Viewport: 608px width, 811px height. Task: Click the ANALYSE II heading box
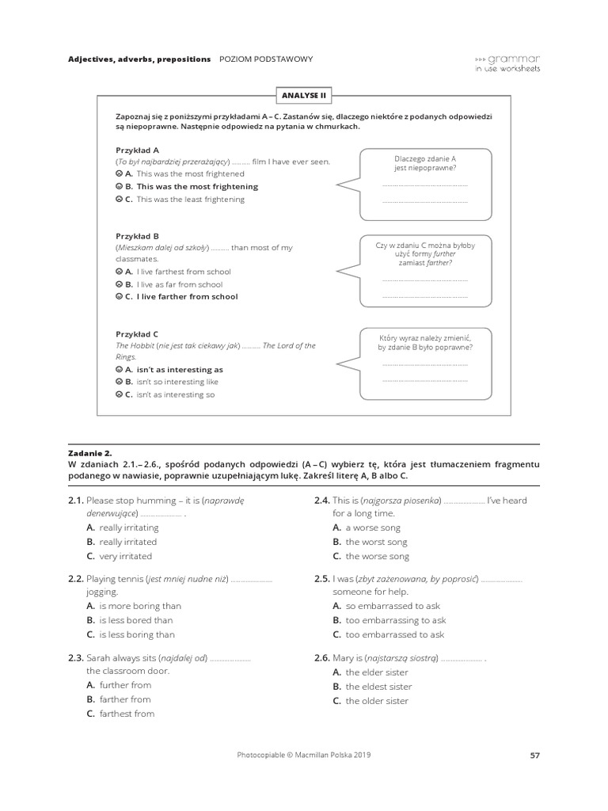pos(303,96)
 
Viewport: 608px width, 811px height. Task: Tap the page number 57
pos(534,756)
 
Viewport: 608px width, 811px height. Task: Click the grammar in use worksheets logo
pos(507,63)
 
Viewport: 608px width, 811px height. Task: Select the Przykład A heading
pos(137,149)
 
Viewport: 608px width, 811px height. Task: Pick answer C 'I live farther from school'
pos(187,297)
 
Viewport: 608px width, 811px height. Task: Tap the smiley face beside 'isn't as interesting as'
pos(120,370)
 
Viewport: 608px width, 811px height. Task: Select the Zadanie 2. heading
pos(90,453)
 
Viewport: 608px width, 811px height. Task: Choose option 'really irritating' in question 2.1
pos(128,527)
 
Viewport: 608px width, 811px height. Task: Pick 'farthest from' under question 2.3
pos(127,714)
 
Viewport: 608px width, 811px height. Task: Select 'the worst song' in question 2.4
pos(376,542)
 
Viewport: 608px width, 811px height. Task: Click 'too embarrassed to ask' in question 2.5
pos(394,634)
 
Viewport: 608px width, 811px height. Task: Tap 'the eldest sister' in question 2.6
pos(378,687)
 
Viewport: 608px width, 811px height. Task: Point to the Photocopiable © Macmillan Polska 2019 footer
pos(303,755)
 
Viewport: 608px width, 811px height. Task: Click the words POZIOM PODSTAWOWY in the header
pos(266,59)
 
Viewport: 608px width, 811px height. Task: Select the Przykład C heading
pos(137,334)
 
